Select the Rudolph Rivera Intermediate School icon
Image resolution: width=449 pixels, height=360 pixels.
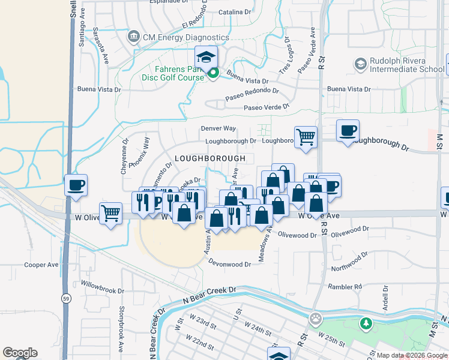(361, 64)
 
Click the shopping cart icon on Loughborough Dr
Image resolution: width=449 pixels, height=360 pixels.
(306, 136)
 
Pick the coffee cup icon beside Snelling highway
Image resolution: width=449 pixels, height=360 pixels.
(76, 185)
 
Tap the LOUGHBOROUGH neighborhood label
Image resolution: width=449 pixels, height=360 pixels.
(210, 158)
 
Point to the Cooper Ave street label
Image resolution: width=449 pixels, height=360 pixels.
(41, 265)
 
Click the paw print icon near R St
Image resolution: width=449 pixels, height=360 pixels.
(316, 318)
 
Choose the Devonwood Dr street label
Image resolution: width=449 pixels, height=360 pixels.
(230, 264)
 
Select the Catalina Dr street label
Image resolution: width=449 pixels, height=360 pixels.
(234, 12)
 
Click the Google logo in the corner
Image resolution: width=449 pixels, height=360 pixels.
(20, 353)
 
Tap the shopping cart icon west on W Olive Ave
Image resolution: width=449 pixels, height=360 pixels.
(111, 213)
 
